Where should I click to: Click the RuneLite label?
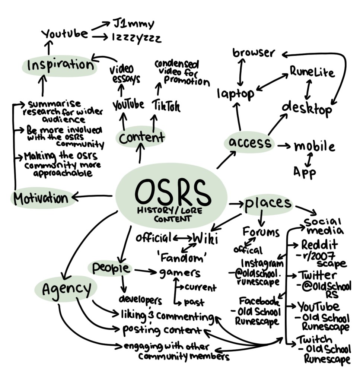coord(312,72)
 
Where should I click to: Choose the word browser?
coord(253,53)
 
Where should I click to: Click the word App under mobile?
coord(305,172)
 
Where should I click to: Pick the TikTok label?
coord(166,107)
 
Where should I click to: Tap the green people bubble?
coord(111,268)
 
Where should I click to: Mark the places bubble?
coord(268,203)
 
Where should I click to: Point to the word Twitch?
coord(314,339)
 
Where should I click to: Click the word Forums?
coord(261,232)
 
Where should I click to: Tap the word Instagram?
coord(262,263)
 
